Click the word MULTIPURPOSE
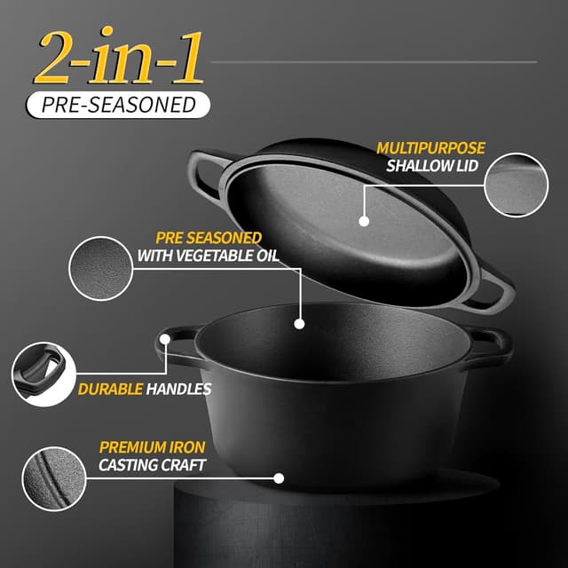[430, 148]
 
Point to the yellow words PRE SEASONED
[209, 238]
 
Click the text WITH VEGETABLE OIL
[208, 256]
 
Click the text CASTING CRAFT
[152, 465]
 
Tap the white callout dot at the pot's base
[280, 477]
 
